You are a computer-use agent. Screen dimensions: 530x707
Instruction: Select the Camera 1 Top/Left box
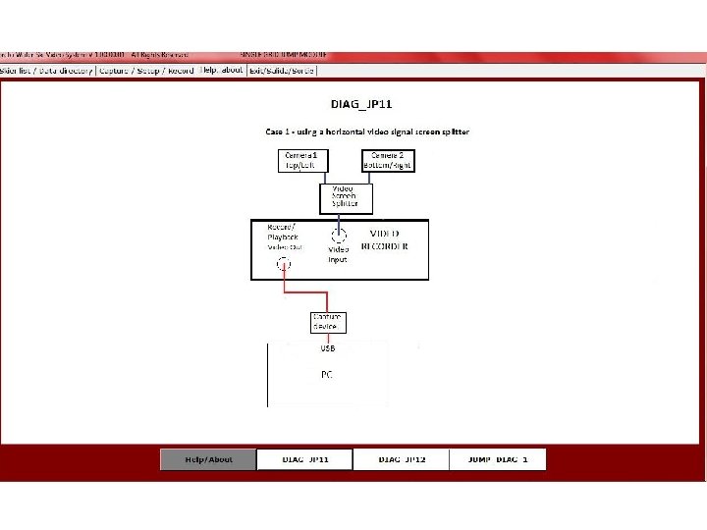(301, 161)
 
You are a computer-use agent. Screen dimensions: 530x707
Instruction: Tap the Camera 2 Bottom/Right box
(389, 161)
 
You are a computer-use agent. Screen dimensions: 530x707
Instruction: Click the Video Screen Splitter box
(346, 198)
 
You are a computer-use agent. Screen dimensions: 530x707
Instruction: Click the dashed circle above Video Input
(339, 235)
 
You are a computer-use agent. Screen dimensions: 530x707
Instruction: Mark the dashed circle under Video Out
(284, 264)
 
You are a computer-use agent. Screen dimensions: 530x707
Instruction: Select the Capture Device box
(327, 322)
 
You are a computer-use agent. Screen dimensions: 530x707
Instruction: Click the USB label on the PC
(327, 348)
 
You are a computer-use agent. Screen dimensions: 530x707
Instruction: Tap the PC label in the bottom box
(327, 374)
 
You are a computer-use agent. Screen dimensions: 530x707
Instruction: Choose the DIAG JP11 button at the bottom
(304, 459)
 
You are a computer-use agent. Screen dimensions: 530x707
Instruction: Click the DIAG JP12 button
(401, 459)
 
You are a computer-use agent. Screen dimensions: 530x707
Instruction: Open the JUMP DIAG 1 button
(497, 459)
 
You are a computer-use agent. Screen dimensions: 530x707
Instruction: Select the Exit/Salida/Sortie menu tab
(282, 71)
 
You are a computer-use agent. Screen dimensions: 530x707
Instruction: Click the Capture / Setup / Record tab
(146, 71)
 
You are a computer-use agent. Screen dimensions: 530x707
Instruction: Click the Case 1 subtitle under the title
(367, 132)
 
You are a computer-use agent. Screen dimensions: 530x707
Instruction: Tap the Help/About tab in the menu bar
(221, 71)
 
